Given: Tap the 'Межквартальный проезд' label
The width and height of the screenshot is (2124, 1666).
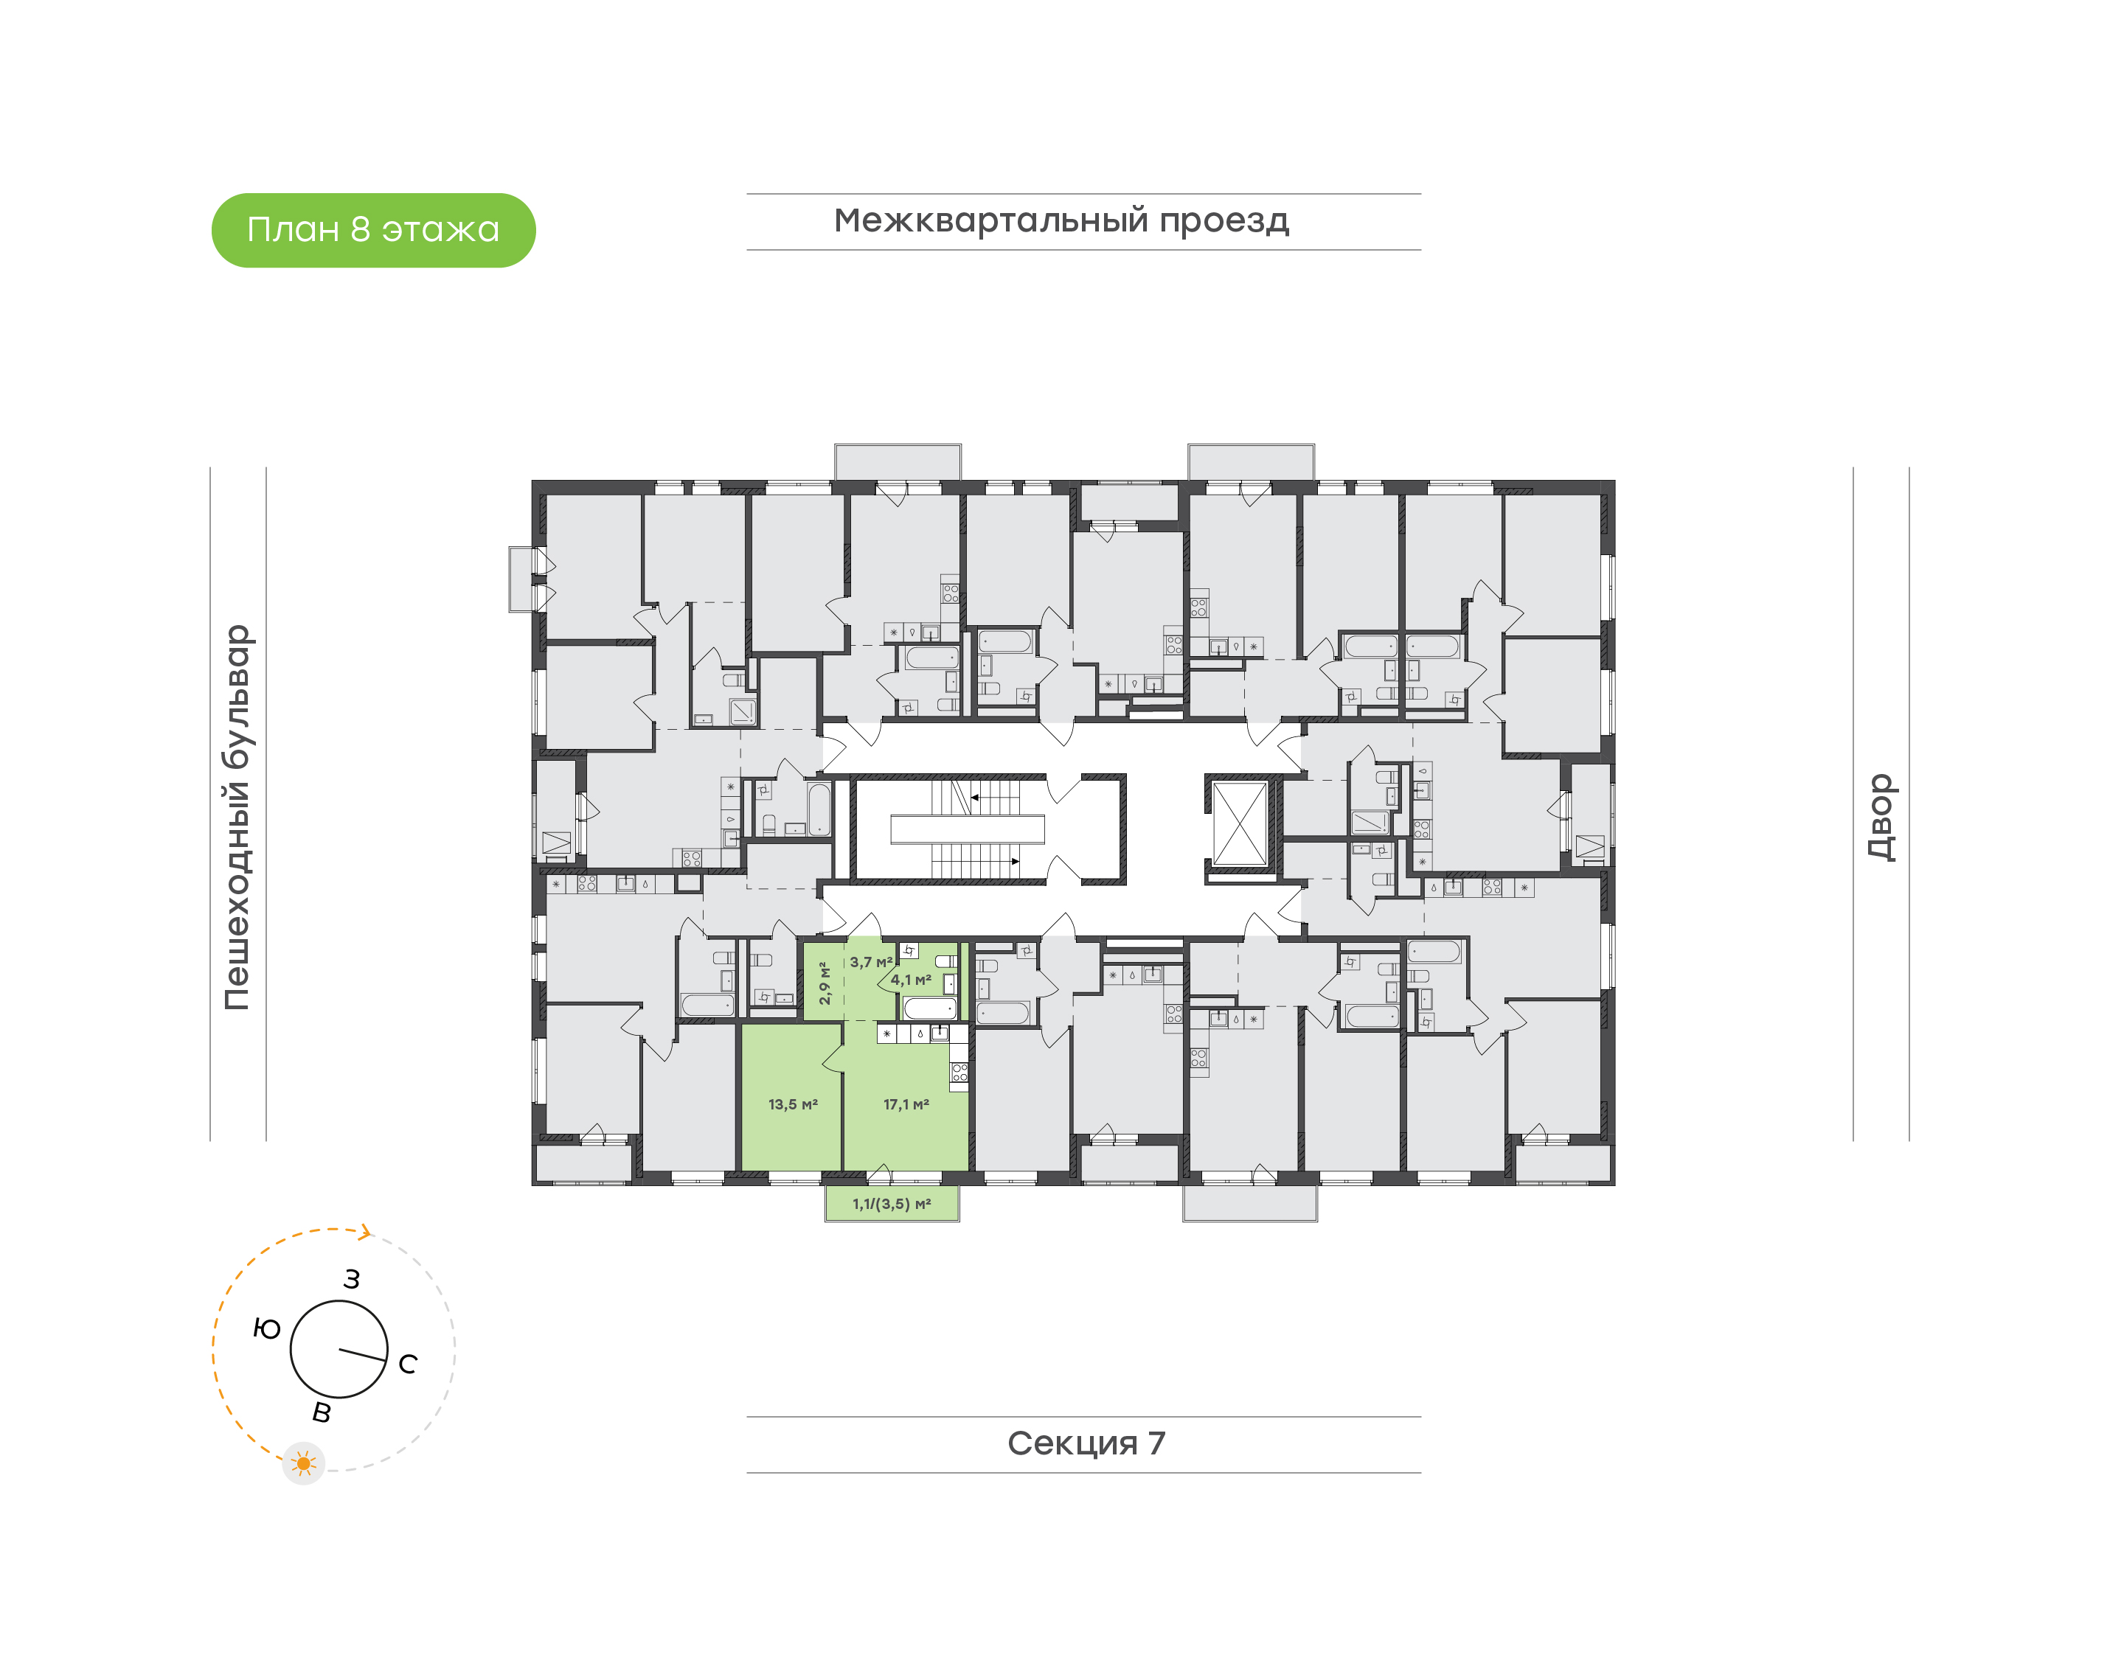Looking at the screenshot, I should (1061, 220).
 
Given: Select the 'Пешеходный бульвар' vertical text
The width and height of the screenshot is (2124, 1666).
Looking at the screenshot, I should (237, 817).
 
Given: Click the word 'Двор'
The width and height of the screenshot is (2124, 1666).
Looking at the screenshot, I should (1880, 817).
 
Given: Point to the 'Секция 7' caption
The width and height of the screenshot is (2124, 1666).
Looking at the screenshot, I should (1085, 1443).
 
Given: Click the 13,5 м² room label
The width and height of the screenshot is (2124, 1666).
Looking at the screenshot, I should (792, 1104).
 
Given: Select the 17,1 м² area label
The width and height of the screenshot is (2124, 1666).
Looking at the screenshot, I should (906, 1104).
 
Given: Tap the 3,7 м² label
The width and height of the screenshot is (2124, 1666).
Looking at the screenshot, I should (870, 962).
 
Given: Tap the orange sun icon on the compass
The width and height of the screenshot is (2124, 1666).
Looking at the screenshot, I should (303, 1463).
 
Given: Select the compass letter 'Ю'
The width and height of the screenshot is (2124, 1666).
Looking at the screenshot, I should (266, 1328).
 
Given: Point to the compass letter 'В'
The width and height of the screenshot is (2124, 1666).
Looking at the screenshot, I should (321, 1412).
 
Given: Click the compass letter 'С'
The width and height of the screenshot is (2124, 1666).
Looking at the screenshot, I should (408, 1364).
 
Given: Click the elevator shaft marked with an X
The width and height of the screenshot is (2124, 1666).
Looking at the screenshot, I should (1239, 823).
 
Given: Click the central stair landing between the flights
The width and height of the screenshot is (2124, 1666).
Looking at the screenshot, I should (967, 829).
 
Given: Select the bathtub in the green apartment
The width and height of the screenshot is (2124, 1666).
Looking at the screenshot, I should (929, 1008).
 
